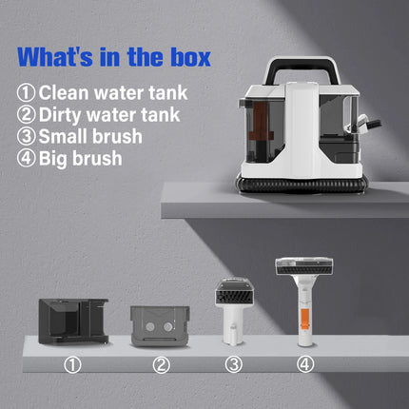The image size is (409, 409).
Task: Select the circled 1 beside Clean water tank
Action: (x=27, y=94)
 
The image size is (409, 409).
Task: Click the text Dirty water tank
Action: (x=105, y=115)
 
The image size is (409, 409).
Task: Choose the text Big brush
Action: (x=80, y=157)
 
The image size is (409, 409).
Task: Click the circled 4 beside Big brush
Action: (x=27, y=157)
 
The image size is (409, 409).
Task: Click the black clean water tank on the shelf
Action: (x=71, y=322)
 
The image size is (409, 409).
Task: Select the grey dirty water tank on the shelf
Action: (x=155, y=325)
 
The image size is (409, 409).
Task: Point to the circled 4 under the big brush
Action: (x=304, y=364)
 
